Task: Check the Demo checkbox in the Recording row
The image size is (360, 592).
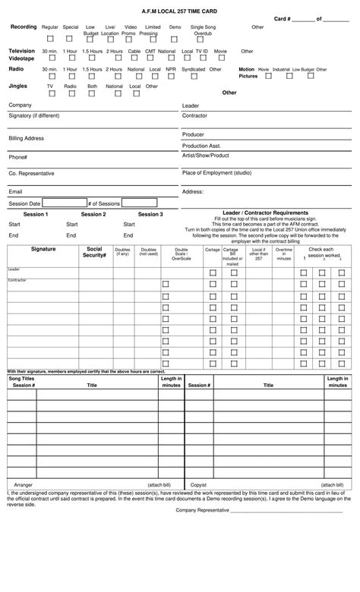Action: coord(175,39)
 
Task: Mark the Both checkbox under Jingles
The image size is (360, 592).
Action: coord(92,94)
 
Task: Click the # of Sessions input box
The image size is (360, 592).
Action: coord(139,203)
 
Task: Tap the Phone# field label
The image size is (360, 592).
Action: coord(18,157)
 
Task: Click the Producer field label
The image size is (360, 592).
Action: coord(194,134)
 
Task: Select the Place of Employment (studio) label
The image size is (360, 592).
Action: coord(216,173)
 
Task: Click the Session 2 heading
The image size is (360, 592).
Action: coord(93,215)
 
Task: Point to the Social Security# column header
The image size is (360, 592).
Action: coord(94,252)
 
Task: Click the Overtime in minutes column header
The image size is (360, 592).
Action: coord(283,253)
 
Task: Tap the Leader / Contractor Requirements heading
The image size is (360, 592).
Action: coord(265,213)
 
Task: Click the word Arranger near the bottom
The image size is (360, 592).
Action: coord(24,484)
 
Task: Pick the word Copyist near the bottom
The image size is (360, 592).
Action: coord(198,484)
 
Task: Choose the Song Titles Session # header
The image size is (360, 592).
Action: coord(22,382)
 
